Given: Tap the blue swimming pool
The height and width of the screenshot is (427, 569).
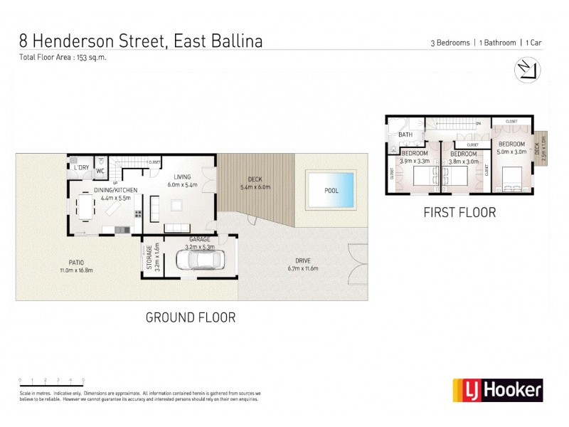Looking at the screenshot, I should [x=331, y=189].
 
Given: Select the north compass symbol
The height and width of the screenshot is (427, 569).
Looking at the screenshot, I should [x=527, y=69].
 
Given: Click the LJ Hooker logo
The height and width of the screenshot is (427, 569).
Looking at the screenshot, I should [x=498, y=389].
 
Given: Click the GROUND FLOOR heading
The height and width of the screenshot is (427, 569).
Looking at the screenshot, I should [x=191, y=317].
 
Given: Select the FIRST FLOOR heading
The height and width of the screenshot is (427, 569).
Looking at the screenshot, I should [x=459, y=212].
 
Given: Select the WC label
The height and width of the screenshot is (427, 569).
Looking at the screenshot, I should [x=100, y=171].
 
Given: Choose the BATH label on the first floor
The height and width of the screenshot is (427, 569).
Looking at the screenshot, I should [x=405, y=135].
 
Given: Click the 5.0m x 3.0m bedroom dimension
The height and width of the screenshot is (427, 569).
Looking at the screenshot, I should [x=511, y=151].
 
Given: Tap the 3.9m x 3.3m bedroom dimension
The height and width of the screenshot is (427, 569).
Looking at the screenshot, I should [x=414, y=161].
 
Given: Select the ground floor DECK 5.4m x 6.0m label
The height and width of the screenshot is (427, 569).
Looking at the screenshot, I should [x=255, y=183].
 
